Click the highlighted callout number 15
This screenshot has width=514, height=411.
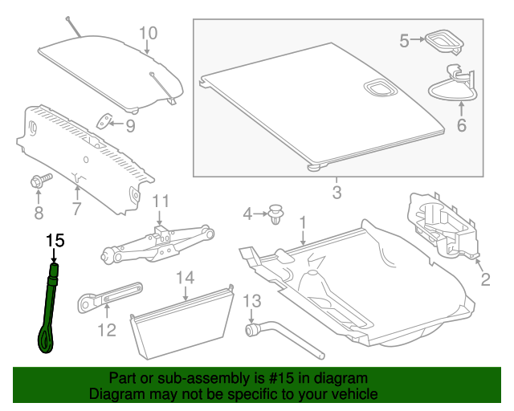coord(55,241)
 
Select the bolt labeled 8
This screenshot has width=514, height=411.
coord(41,181)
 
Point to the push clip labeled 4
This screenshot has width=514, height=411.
coord(275,214)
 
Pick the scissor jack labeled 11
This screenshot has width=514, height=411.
coord(157,243)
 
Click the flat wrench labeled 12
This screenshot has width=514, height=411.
coord(110,297)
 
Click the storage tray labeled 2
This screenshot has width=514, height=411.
coord(443,226)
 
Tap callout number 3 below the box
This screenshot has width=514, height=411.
coord(337,193)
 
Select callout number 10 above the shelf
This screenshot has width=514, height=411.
coord(148,33)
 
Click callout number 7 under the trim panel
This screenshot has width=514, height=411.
coord(77,209)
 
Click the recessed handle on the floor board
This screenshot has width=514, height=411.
coord(380,87)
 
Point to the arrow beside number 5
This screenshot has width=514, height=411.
coord(418,39)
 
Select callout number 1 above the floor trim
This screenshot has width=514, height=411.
coord(303,222)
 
